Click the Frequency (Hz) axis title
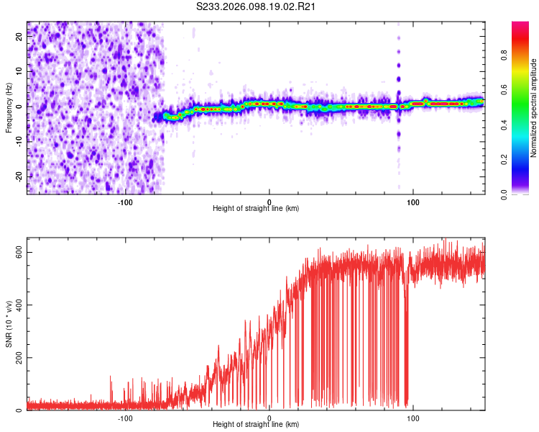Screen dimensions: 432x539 coord(9,107)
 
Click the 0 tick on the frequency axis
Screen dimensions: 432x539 coord(20,107)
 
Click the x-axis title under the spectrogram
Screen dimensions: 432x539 coord(256,208)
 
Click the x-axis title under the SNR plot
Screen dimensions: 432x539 coord(256,424)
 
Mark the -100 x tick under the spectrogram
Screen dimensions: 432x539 coord(125,201)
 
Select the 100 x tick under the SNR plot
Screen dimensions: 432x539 coord(413,418)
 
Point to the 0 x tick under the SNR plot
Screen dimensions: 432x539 coord(269,418)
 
